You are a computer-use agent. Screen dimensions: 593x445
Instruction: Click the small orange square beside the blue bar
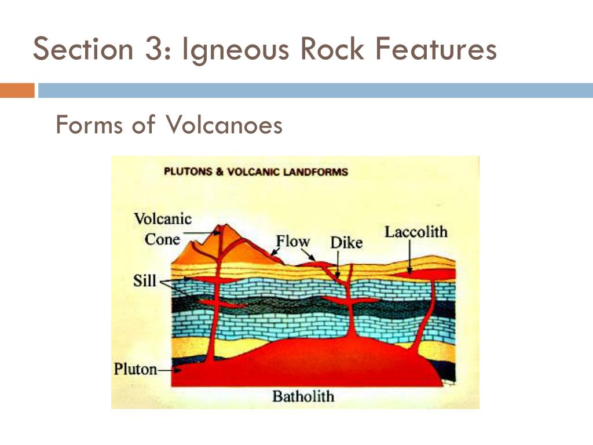pyautogui.click(x=17, y=90)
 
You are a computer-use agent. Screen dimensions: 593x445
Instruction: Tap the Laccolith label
pyautogui.click(x=416, y=232)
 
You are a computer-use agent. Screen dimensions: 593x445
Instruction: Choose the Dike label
pyautogui.click(x=346, y=243)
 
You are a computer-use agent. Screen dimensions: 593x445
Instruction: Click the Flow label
pyautogui.click(x=292, y=241)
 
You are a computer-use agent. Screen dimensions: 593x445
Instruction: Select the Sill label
pyautogui.click(x=145, y=281)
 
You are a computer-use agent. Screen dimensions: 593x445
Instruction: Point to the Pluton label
pyautogui.click(x=135, y=369)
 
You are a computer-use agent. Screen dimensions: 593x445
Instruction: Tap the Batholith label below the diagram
pyautogui.click(x=303, y=397)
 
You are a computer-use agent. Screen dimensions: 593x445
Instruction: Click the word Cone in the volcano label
pyautogui.click(x=162, y=239)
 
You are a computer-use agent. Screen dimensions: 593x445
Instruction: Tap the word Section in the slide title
pyautogui.click(x=82, y=50)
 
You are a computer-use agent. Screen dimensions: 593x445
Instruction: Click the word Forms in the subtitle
pyautogui.click(x=89, y=125)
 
